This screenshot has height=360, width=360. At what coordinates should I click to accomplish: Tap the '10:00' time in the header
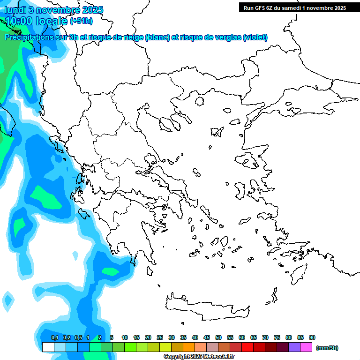[19, 21]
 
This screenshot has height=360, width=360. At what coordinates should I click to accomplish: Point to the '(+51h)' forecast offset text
[81, 21]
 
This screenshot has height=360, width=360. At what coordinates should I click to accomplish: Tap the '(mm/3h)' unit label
[327, 348]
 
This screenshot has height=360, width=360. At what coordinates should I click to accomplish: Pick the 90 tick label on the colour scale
[312, 337]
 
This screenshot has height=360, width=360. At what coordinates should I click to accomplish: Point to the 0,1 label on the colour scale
[54, 337]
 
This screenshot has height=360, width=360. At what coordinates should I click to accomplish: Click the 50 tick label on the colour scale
[218, 337]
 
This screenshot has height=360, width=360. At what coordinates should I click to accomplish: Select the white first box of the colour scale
[48, 347]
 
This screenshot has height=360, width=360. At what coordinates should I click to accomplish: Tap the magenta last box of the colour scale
[306, 347]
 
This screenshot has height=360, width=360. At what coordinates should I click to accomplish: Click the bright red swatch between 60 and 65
[247, 347]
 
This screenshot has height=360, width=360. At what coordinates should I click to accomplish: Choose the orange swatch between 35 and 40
[189, 347]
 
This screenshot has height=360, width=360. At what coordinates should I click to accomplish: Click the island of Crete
[206, 305]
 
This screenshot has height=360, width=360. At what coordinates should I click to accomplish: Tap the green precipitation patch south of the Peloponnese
[111, 271]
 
